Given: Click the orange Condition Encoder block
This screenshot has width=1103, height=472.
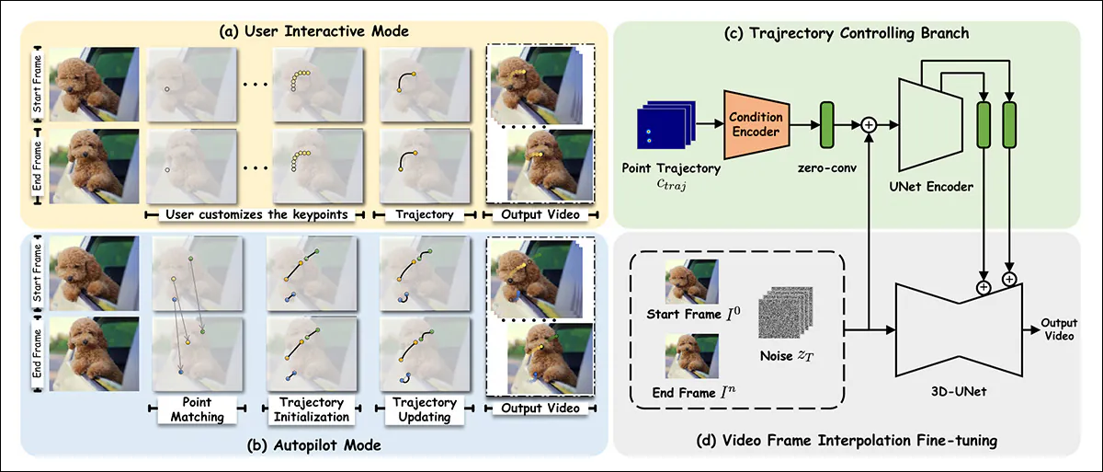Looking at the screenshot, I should point(756,123).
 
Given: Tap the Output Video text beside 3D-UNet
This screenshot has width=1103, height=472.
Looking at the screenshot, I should point(1058,330).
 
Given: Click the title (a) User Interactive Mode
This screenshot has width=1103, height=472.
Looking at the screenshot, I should point(310,32).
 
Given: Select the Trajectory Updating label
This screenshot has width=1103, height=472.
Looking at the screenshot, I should point(424,409).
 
